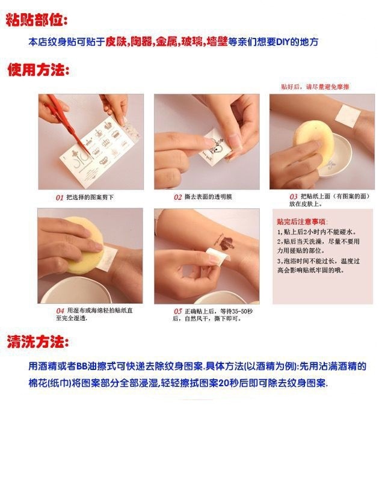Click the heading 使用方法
pos(38,70)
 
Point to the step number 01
pos(60,197)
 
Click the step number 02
pos(178,197)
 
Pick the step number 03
pos(294,196)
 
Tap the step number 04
pos(60,310)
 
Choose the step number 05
pos(178,310)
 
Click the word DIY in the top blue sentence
pos(283,42)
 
